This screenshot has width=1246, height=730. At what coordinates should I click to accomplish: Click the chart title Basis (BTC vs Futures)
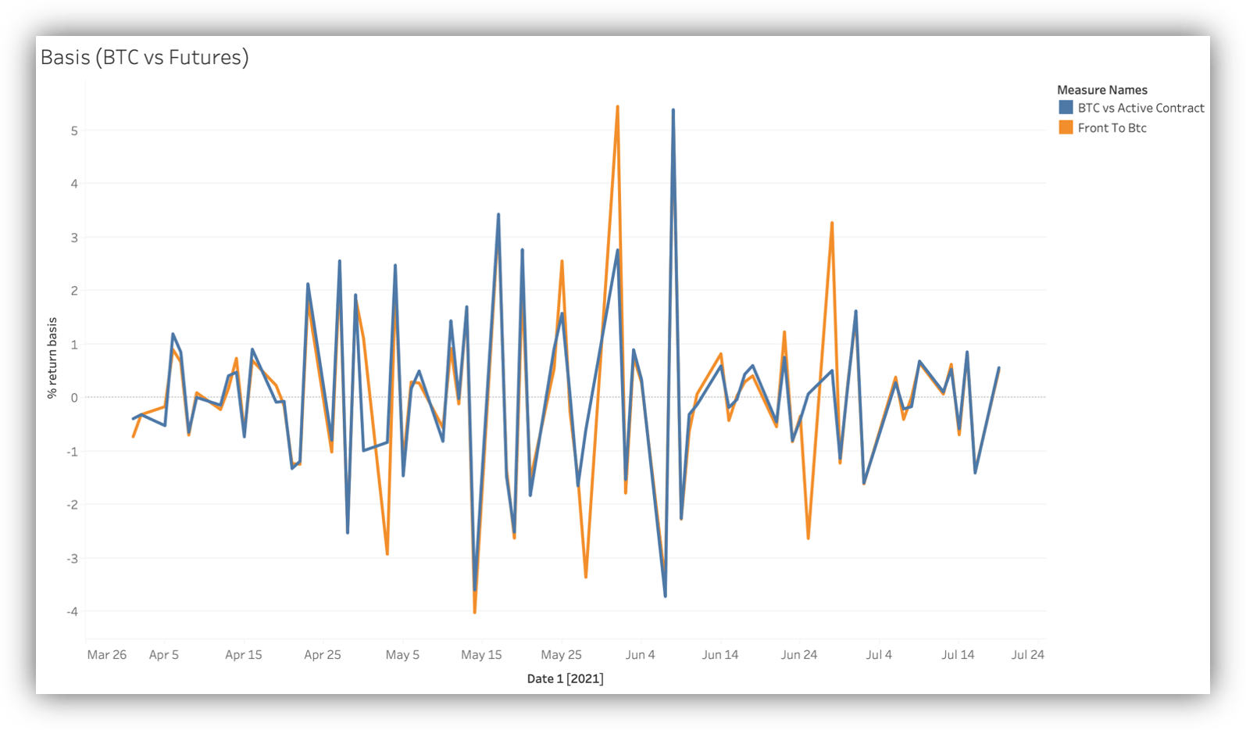click(x=145, y=57)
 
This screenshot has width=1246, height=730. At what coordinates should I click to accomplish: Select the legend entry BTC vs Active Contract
click(x=1141, y=108)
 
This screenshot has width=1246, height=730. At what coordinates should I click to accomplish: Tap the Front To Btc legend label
click(x=1112, y=128)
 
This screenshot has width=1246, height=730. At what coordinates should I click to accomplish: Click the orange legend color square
click(x=1066, y=127)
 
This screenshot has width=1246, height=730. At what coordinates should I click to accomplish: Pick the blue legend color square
click(x=1066, y=107)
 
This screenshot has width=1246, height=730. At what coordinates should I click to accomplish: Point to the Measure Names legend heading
click(x=1102, y=90)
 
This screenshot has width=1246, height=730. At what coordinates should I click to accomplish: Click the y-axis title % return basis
click(x=52, y=358)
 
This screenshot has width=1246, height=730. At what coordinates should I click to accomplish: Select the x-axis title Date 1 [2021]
click(x=565, y=678)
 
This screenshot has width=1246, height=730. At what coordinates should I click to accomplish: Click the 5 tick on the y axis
click(x=74, y=131)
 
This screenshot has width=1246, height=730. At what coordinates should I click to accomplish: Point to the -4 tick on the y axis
click(x=73, y=611)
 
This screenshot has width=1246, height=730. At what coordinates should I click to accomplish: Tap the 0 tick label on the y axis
click(x=74, y=398)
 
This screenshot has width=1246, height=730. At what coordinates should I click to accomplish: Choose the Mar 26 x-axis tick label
click(x=107, y=654)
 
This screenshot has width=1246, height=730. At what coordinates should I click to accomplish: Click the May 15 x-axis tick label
click(x=481, y=654)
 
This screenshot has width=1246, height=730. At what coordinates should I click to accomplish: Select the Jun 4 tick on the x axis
click(x=641, y=654)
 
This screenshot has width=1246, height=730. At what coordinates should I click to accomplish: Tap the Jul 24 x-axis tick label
click(x=1027, y=654)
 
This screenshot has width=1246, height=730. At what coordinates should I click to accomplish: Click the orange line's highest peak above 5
click(x=617, y=107)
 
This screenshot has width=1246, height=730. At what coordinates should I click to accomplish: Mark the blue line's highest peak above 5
click(x=673, y=110)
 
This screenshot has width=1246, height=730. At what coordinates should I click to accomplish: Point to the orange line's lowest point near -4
click(x=474, y=612)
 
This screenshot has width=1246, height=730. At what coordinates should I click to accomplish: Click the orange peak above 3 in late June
click(x=832, y=223)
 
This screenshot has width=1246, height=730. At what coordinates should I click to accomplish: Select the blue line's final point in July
click(x=999, y=368)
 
